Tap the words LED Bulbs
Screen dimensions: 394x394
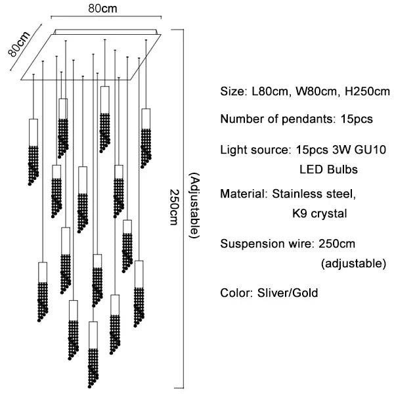pos(328,169)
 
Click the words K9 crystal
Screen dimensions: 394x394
pos(319,213)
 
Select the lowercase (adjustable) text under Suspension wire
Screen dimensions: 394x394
pos(353,264)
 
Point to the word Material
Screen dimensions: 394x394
pos(241,194)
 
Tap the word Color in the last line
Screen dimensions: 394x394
pos(234,292)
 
